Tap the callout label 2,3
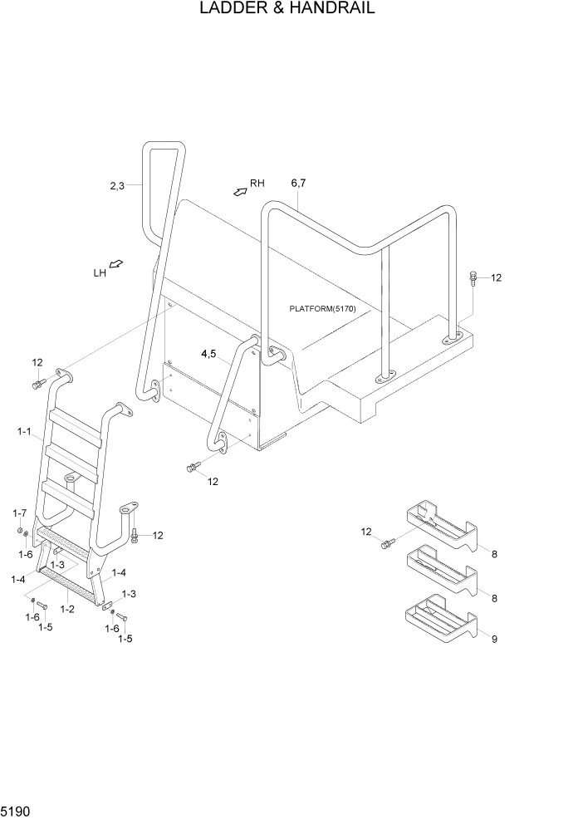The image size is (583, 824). coord(117,186)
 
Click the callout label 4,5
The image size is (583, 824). coord(208,354)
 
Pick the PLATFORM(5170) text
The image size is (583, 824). coord(322,309)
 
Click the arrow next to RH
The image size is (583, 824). coord(240,191)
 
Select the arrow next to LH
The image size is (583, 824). coord(116,264)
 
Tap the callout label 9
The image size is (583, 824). coord(495,640)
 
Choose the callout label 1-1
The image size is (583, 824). coord(23,432)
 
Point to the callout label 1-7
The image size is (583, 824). coord(19,513)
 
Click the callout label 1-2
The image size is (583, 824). coord(67,610)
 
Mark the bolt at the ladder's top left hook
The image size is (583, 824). coord(38,384)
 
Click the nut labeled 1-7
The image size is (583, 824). coord(19,530)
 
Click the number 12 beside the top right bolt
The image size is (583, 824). coord(497,278)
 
